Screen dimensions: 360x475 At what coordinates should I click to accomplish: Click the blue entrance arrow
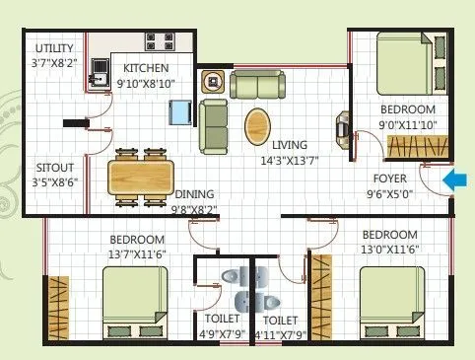pyautogui.click(x=455, y=180)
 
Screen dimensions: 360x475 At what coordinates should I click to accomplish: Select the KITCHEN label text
pyautogui.click(x=146, y=68)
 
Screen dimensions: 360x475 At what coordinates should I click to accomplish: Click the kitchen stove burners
pyautogui.click(x=158, y=42)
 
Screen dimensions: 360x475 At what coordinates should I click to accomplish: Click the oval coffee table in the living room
pyautogui.click(x=259, y=125)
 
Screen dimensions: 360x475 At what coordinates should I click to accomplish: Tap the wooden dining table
pyautogui.click(x=140, y=178)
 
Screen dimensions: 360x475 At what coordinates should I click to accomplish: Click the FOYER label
pyautogui.click(x=390, y=180)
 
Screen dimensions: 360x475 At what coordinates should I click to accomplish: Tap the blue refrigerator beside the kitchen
pyautogui.click(x=179, y=112)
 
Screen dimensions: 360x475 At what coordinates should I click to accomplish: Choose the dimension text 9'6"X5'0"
pyautogui.click(x=391, y=195)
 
